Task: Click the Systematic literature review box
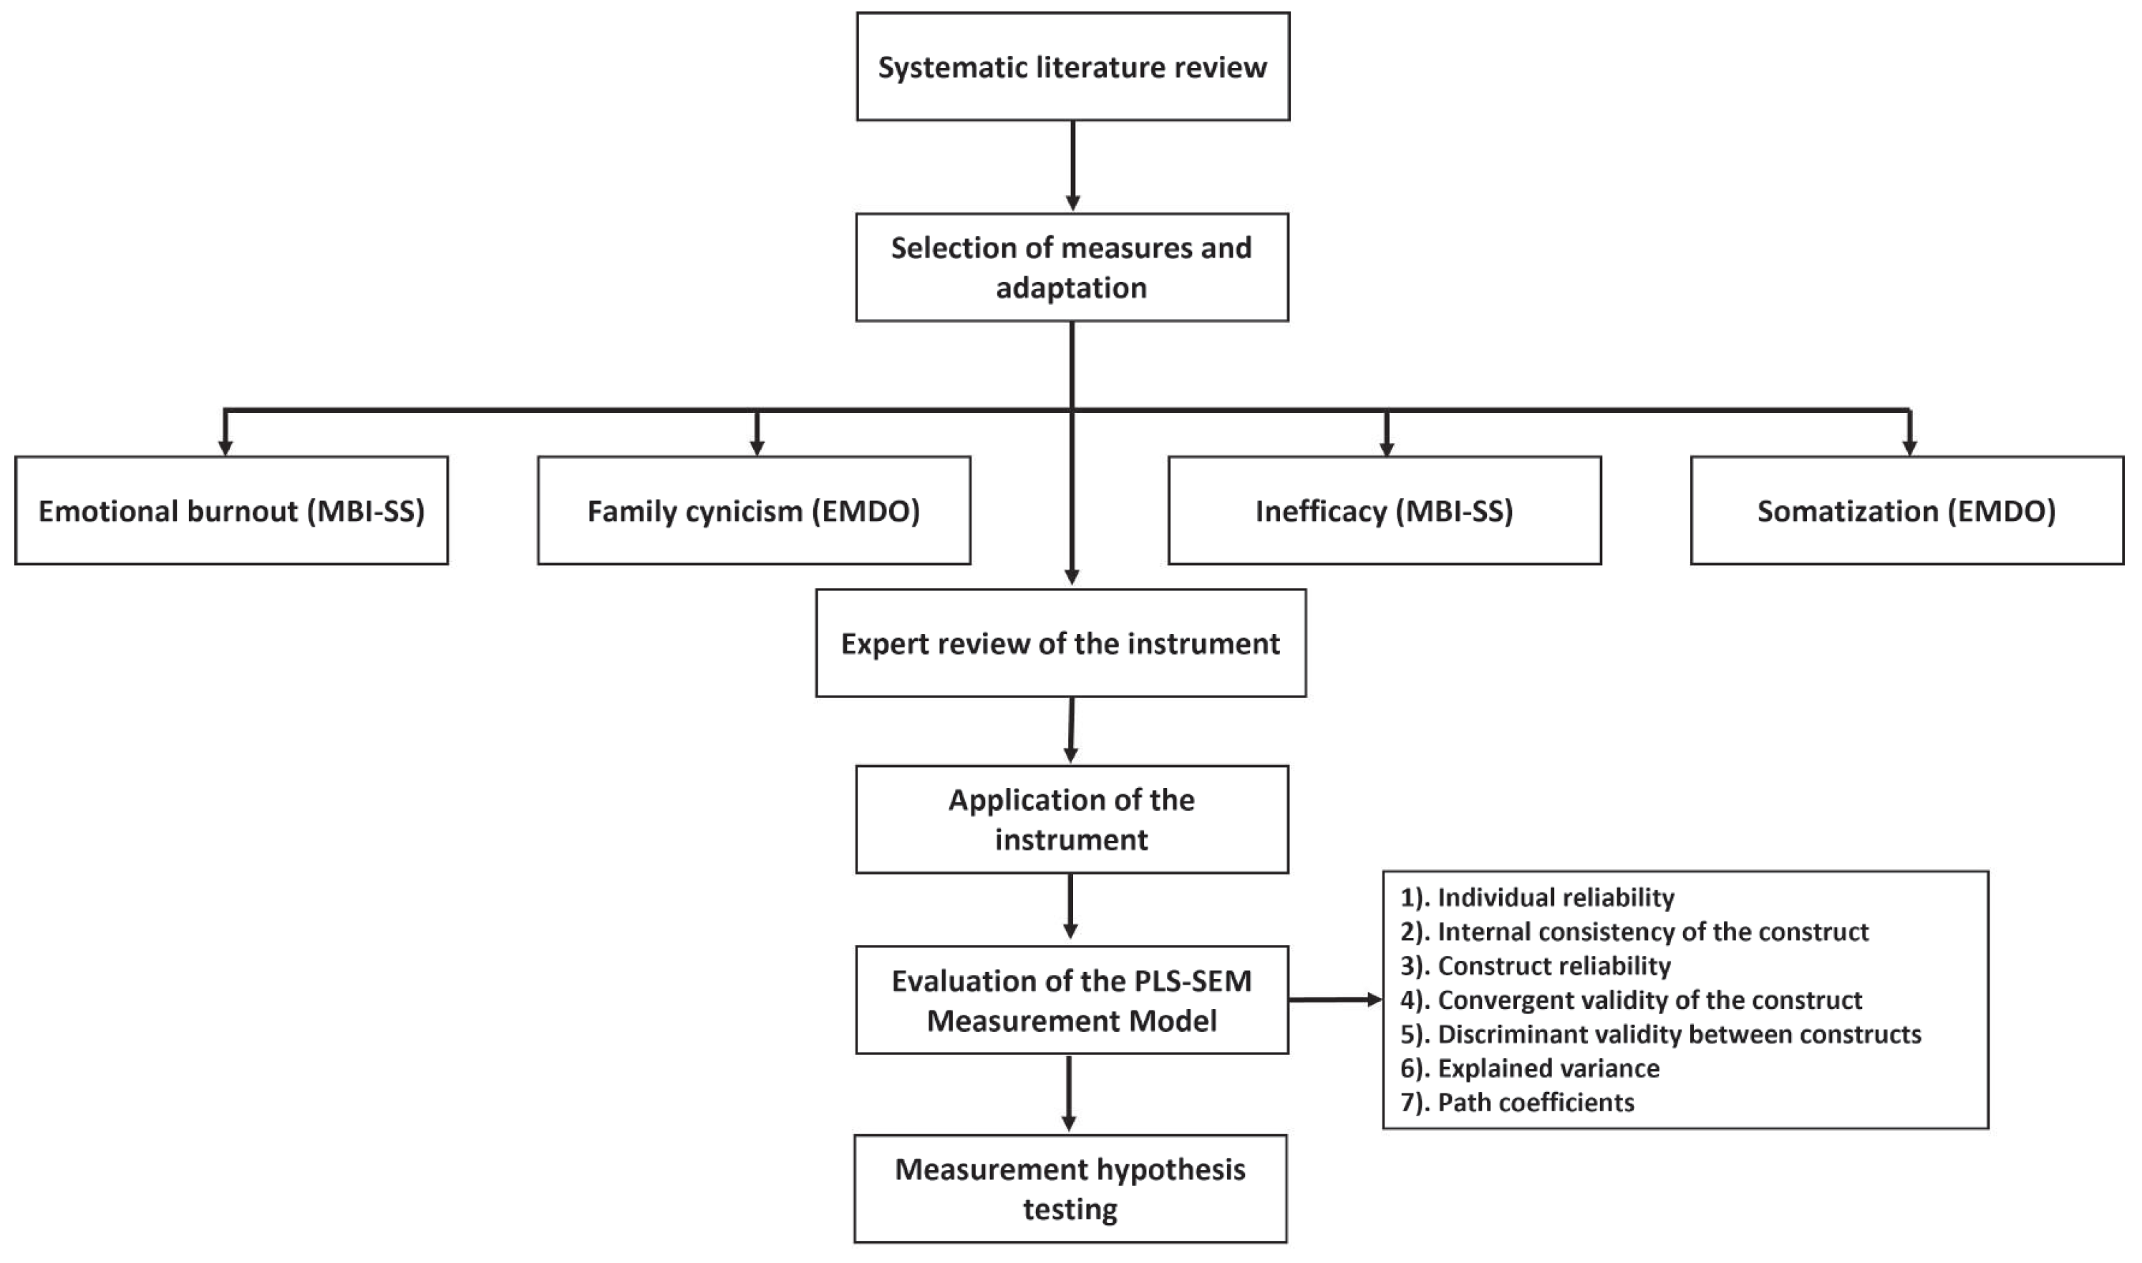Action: coord(1072,67)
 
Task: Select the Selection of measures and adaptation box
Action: coord(1072,267)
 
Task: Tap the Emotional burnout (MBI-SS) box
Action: coord(231,511)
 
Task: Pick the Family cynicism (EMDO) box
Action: coord(755,511)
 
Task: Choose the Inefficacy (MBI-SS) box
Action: coord(1385,511)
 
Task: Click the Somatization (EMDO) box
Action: coord(1906,511)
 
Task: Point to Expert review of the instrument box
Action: coord(1061,643)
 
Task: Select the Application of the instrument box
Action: coord(1072,819)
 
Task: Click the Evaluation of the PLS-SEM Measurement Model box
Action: coord(1072,1000)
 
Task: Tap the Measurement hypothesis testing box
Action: coord(1070,1189)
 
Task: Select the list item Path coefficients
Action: coord(1517,1102)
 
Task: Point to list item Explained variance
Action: coord(1530,1068)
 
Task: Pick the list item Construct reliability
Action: coord(1536,966)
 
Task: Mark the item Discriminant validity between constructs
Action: coord(1660,1034)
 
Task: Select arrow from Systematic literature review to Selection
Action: coord(1072,165)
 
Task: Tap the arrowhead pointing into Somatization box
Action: coord(1909,447)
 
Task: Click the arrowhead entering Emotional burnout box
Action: coord(226,447)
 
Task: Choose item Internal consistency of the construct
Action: coord(1634,932)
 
